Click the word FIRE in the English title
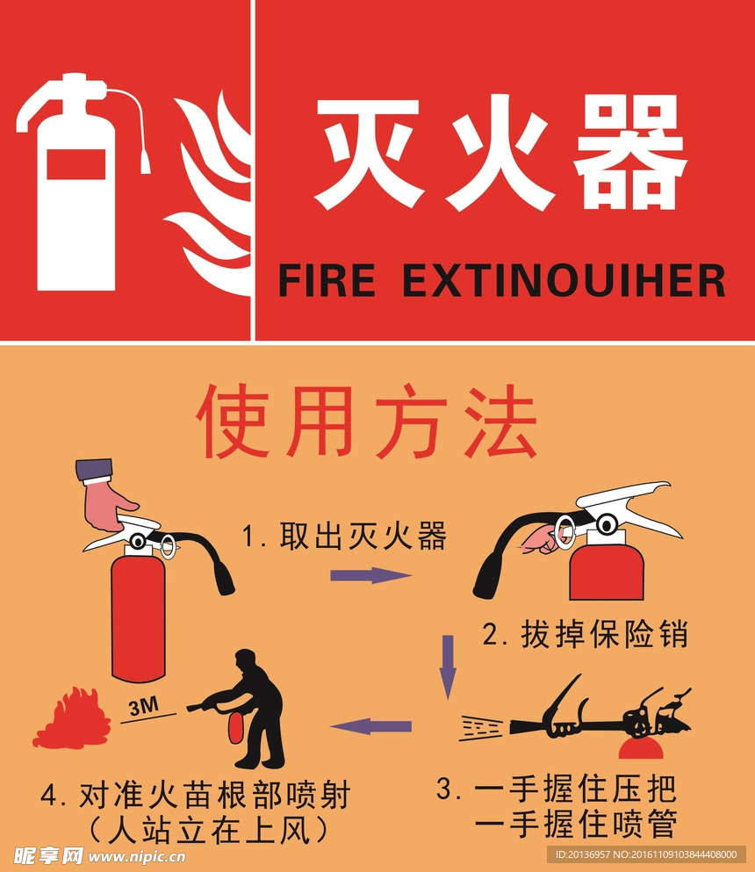point(327,280)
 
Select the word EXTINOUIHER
point(564,280)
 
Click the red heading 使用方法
point(366,421)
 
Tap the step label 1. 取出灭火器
point(344,536)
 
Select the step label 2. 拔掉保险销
point(585,633)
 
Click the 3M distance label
point(143,706)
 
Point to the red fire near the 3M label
point(72,718)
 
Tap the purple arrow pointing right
point(370,574)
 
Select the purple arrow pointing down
point(448,667)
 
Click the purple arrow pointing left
point(370,725)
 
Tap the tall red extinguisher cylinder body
point(139,618)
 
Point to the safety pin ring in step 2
point(564,529)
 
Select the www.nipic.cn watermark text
point(137,856)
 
